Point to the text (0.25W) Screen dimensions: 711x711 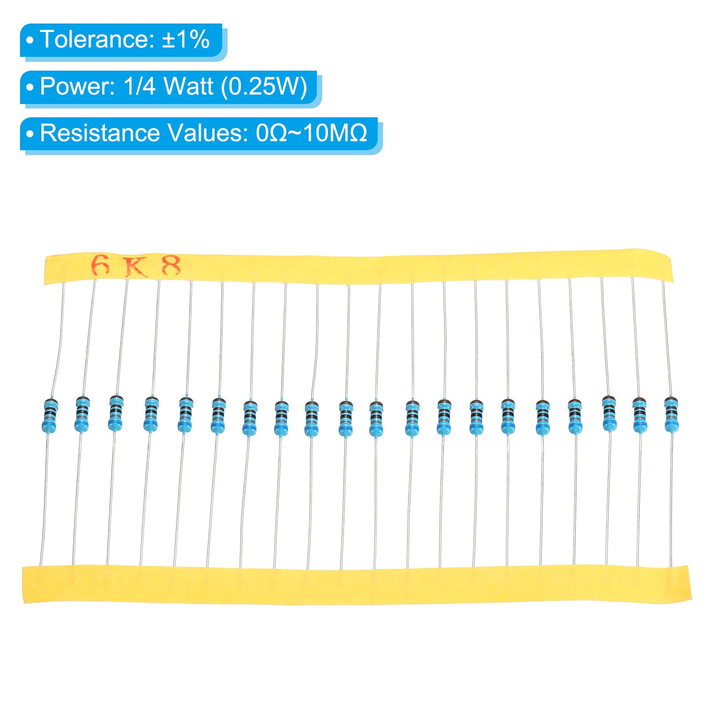click(264, 86)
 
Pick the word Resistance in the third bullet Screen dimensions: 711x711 click(100, 133)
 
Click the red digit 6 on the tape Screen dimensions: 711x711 click(100, 266)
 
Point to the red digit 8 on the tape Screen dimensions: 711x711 click(172, 266)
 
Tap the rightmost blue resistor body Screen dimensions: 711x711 click(671, 415)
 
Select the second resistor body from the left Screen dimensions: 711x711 click(82, 413)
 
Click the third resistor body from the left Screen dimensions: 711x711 click(116, 413)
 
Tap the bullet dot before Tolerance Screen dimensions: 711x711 click(30, 40)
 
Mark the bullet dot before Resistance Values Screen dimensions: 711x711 click(30, 134)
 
